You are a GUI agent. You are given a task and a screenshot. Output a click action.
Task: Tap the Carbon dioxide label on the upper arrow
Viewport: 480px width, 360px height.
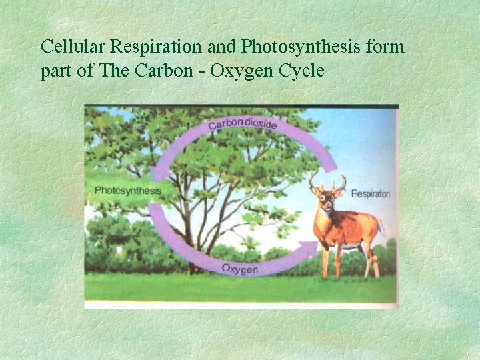coord(243,125)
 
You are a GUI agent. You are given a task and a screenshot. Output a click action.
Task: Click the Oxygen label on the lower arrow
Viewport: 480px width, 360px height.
coord(239,269)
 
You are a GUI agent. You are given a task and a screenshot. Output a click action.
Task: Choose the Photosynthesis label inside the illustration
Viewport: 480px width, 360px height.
coord(128,190)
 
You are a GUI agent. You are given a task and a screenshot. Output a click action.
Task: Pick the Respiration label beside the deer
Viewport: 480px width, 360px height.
coord(370,194)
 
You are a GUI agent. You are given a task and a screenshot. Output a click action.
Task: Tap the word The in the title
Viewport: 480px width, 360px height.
coord(110,71)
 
